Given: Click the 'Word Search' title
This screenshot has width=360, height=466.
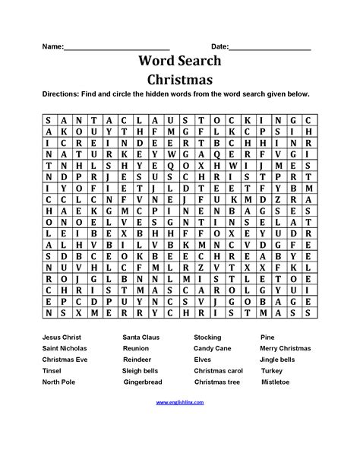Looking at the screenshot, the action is tap(180, 61).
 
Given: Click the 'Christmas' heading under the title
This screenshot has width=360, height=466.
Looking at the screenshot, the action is tap(180, 79).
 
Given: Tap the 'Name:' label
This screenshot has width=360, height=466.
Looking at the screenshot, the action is tap(52, 46).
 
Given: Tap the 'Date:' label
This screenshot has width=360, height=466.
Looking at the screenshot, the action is tap(219, 46).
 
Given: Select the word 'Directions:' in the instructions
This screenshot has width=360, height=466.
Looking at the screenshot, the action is tap(65, 95).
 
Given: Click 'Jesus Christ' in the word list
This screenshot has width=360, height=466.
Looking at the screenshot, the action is tap(63, 335).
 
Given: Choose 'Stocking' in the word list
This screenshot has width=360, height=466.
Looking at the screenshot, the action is tap(207, 335).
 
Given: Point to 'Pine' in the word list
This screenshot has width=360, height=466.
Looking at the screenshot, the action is tap(267, 335).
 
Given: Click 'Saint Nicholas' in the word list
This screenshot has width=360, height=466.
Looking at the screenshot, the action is tap(67, 347).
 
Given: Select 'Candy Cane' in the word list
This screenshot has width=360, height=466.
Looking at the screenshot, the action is tap(212, 347).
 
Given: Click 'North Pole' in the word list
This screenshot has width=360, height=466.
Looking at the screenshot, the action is tap(60, 382).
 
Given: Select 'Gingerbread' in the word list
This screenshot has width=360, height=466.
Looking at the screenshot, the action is tap(143, 382).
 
